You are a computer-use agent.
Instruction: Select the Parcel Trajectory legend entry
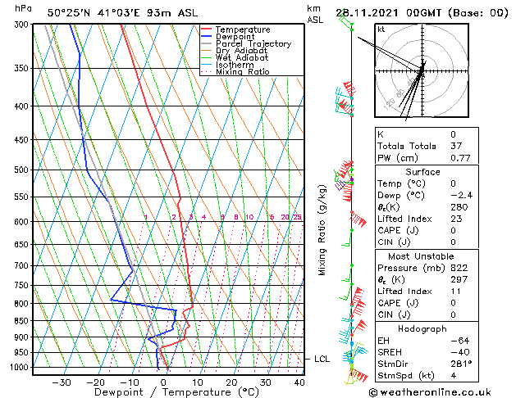(253, 44)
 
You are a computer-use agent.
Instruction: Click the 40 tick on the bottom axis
(299, 382)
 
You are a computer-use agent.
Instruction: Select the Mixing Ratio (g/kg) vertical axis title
(322, 229)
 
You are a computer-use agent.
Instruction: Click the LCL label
(322, 359)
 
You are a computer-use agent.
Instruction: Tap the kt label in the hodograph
(381, 29)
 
